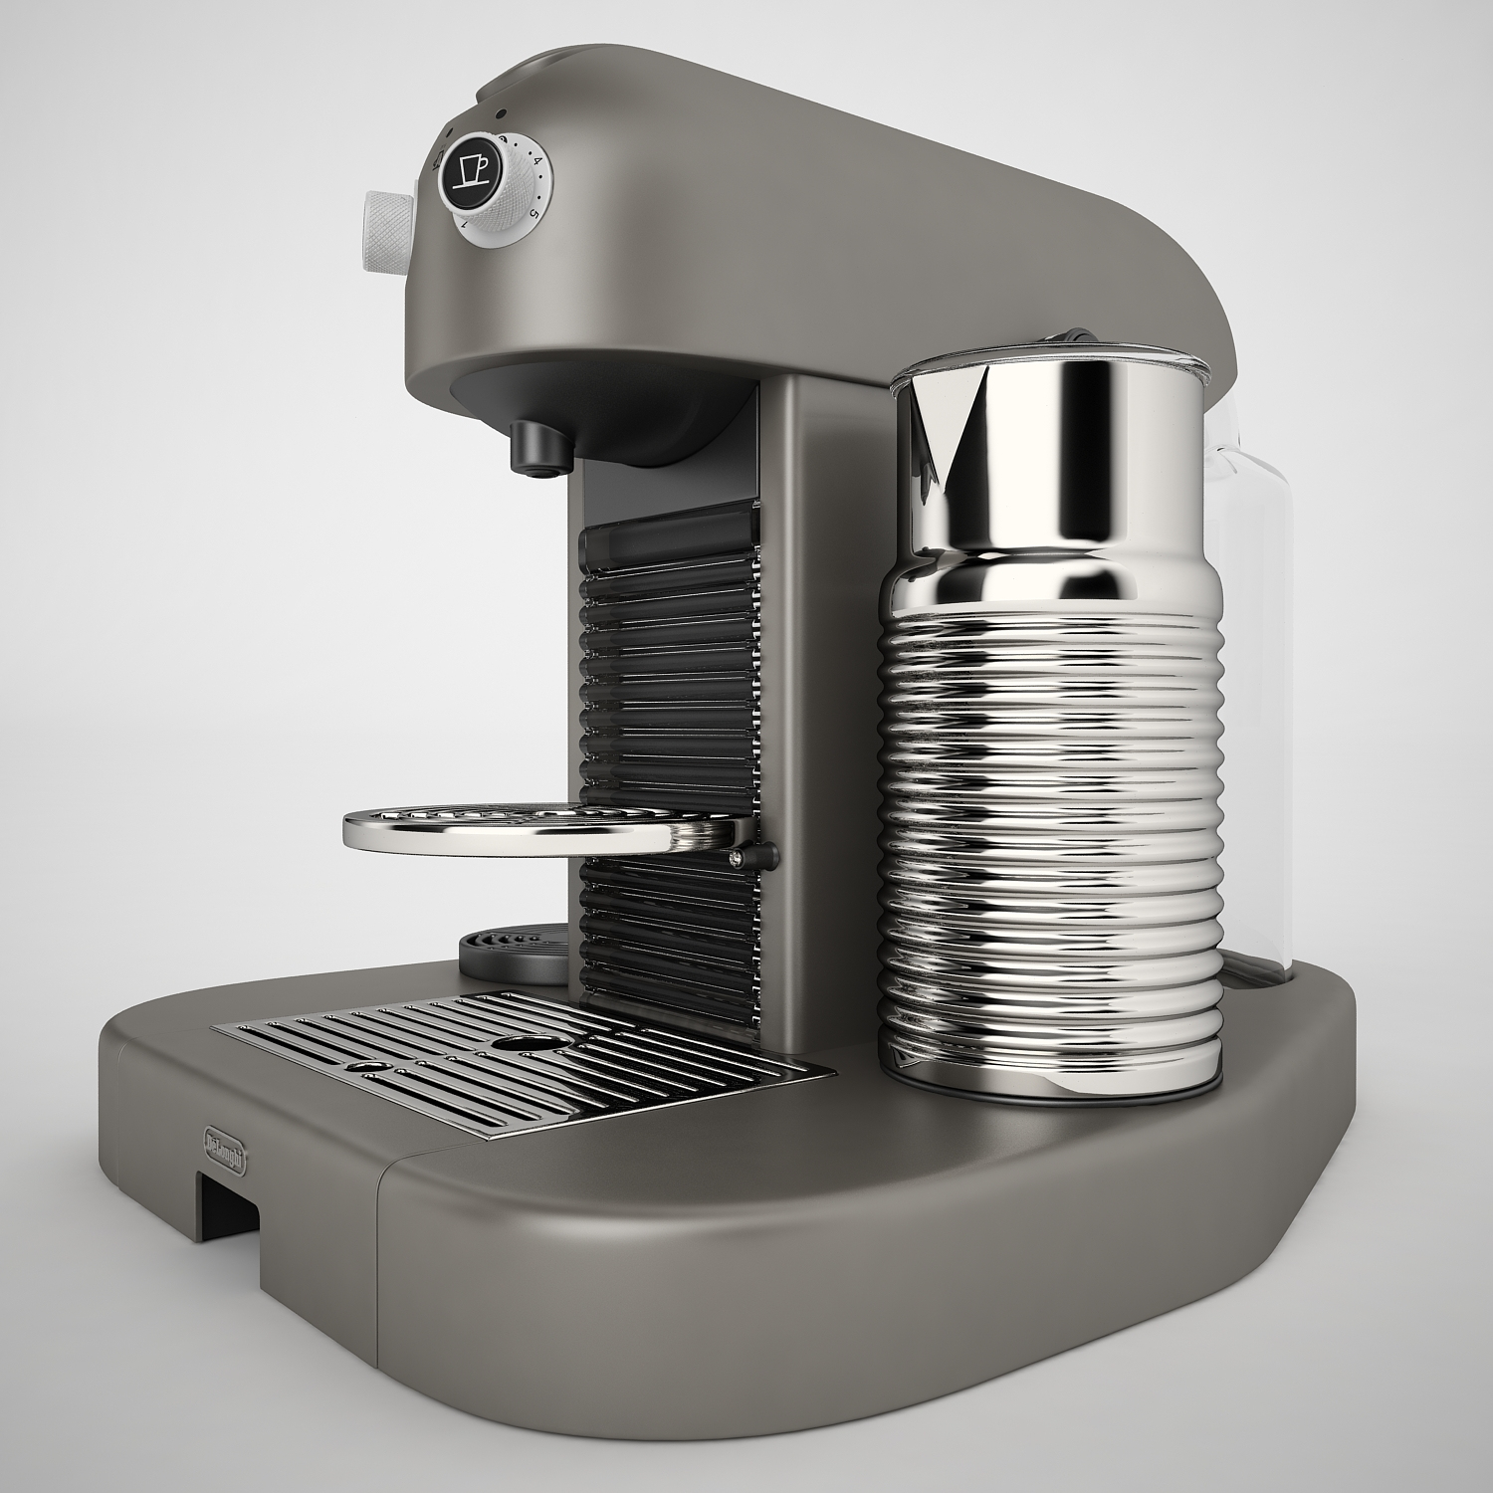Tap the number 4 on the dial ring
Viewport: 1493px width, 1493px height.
pos(535,161)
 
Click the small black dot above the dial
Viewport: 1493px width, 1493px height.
pos(504,113)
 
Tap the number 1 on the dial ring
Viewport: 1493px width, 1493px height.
pos(464,228)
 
